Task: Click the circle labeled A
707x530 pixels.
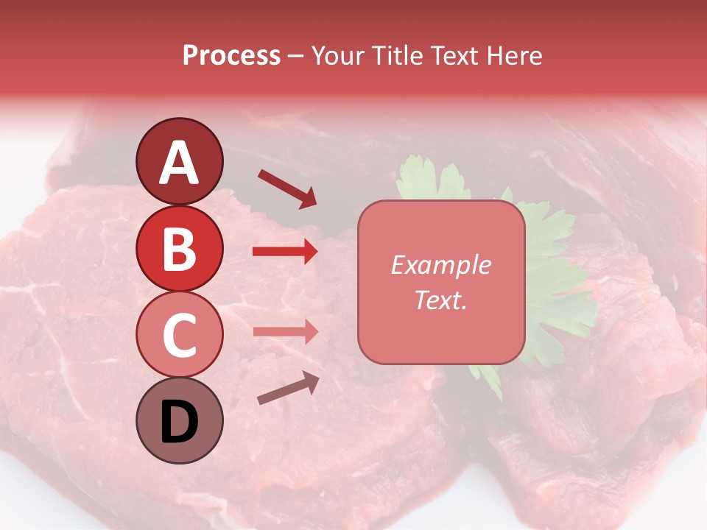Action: (180, 161)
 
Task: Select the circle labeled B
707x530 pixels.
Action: (180, 248)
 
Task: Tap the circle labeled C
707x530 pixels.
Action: (180, 334)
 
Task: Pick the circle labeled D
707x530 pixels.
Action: (180, 420)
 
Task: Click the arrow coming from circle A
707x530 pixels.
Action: (286, 188)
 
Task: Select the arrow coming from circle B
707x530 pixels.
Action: (285, 252)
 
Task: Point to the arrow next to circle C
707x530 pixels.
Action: (285, 331)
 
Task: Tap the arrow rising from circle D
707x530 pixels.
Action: (288, 388)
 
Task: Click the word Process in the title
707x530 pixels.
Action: (231, 56)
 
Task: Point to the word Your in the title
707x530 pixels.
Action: (340, 56)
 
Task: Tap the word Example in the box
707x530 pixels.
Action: (440, 265)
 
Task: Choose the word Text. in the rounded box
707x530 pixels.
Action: (440, 300)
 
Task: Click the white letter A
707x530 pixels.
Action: (180, 163)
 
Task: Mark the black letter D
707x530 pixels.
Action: (180, 422)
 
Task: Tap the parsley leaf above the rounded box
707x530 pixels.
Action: (423, 180)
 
